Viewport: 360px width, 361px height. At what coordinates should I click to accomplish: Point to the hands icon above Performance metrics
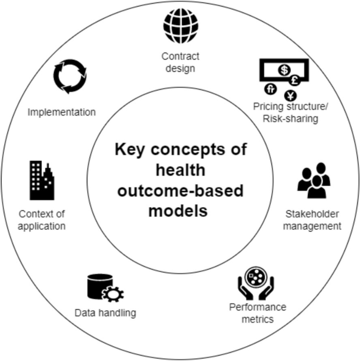click(255, 281)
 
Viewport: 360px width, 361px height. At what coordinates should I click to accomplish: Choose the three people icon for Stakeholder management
click(314, 180)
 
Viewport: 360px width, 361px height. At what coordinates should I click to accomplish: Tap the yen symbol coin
click(291, 96)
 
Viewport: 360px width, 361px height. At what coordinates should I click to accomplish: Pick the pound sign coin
click(295, 80)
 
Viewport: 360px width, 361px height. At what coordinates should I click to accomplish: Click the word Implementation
click(62, 112)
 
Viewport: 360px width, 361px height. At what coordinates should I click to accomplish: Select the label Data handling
click(105, 313)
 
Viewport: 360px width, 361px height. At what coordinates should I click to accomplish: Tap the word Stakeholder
click(312, 214)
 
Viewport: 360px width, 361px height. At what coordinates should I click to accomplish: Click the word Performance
click(257, 307)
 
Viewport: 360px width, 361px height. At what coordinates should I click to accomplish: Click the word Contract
click(180, 56)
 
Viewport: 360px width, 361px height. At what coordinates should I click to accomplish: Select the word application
click(42, 226)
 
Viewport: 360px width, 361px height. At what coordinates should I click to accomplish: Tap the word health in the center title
click(180, 170)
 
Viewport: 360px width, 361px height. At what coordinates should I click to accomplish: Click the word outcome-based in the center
click(180, 191)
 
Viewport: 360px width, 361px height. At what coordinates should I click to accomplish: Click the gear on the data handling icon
click(113, 294)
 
